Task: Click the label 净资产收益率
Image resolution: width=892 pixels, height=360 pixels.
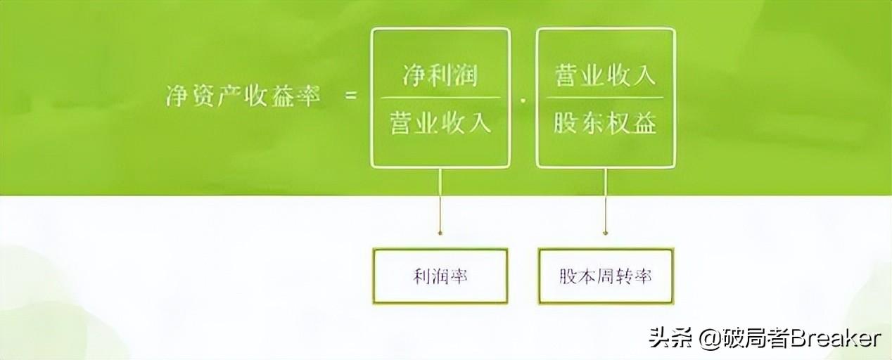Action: click(x=242, y=97)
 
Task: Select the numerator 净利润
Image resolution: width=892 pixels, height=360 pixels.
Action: click(x=440, y=75)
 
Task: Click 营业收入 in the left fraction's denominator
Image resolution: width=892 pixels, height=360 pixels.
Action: click(x=440, y=124)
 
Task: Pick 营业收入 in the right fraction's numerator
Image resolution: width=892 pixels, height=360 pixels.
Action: click(x=605, y=75)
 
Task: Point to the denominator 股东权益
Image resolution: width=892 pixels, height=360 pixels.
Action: click(x=605, y=124)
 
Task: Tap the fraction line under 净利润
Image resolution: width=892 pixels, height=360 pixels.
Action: click(x=440, y=98)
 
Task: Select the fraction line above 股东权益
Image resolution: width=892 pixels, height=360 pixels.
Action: click(x=605, y=98)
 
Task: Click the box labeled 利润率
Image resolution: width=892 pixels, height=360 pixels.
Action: click(x=440, y=276)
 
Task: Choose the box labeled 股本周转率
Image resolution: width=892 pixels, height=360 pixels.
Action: click(x=605, y=276)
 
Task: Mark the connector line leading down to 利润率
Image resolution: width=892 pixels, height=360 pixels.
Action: click(x=440, y=200)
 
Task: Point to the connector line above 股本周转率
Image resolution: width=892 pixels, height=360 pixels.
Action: click(x=605, y=200)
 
